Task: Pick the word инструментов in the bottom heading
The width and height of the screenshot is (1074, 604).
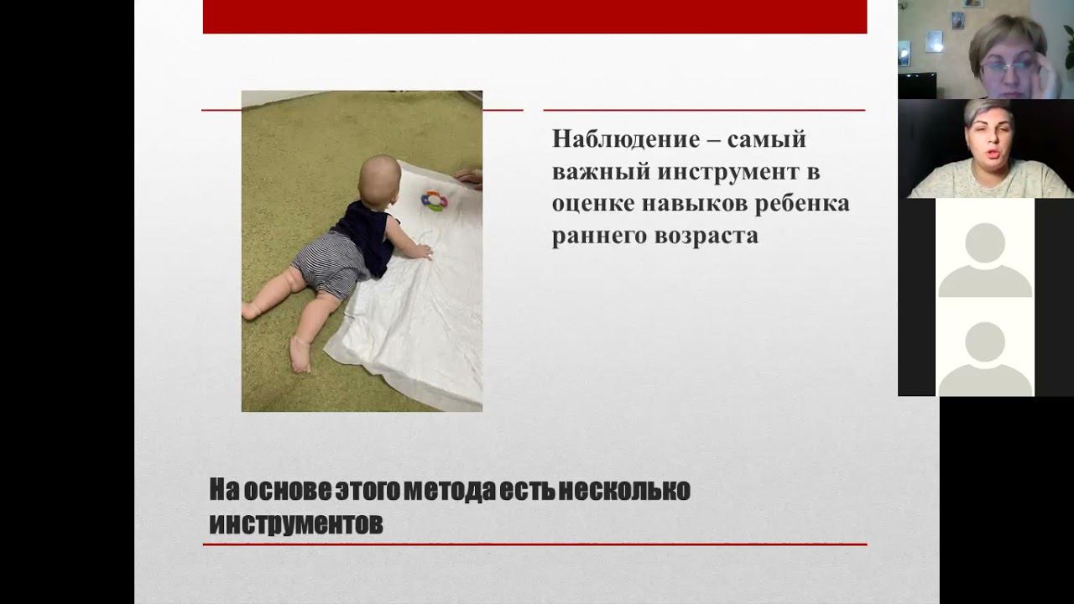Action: click(x=296, y=524)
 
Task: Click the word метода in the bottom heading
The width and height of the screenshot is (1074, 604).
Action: click(x=449, y=491)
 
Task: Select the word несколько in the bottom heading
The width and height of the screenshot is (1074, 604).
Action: click(x=624, y=490)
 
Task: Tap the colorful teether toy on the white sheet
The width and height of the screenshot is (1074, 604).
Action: click(x=434, y=200)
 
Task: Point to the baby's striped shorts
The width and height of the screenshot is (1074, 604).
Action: click(x=331, y=264)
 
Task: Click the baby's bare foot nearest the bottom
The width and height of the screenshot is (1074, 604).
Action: click(x=300, y=354)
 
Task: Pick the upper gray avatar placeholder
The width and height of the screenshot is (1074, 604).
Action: click(x=985, y=260)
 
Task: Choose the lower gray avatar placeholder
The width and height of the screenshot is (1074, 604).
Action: click(x=985, y=359)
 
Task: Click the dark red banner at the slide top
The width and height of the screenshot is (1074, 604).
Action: click(x=535, y=17)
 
